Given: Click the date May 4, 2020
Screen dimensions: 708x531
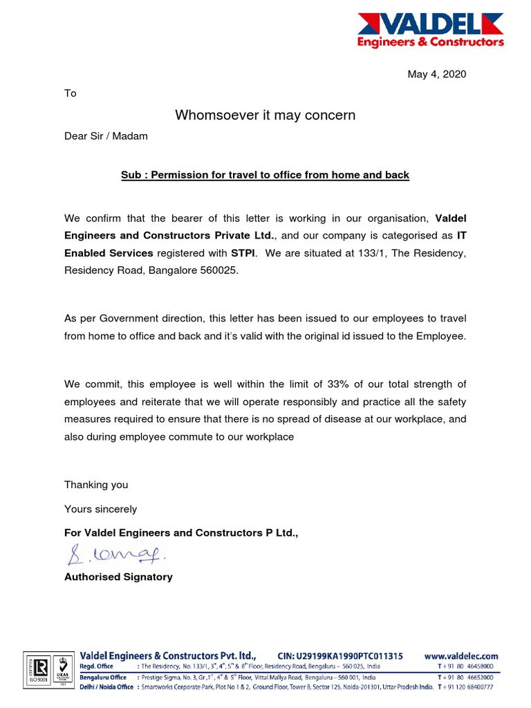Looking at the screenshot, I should click(436, 74).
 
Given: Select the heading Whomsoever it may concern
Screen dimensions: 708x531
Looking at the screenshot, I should click(265, 115).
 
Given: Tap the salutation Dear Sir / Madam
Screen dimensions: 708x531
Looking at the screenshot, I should click(106, 136).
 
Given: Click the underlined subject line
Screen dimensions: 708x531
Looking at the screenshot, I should click(265, 175).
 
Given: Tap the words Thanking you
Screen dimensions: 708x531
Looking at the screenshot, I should click(96, 485).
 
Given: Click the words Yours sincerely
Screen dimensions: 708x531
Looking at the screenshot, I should click(100, 509).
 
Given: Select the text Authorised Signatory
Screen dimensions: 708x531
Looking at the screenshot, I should click(118, 577).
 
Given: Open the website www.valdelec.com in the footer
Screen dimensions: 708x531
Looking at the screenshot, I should click(461, 655).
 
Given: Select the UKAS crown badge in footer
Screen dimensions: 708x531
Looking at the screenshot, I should click(63, 671).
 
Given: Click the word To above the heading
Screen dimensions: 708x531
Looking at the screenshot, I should click(71, 93).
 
